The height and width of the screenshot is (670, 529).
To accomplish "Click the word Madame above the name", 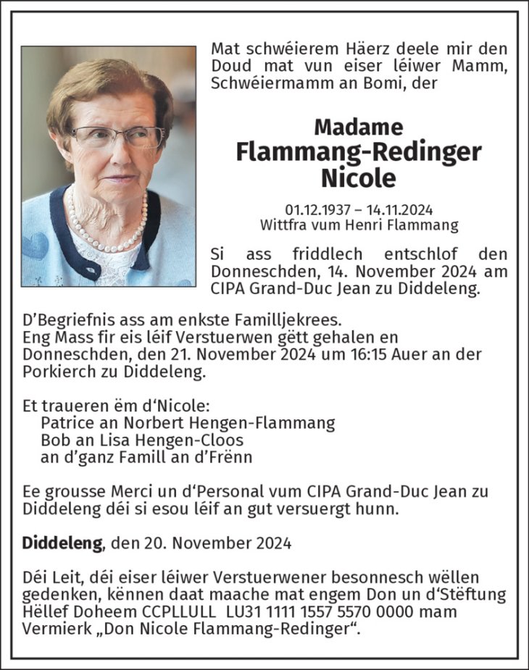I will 359,127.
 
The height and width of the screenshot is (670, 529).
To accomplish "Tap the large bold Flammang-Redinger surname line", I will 359,151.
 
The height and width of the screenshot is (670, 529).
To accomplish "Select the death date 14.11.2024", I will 400,210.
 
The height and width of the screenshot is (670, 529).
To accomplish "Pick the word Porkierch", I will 57,373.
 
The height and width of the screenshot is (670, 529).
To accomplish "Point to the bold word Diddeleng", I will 62,542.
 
